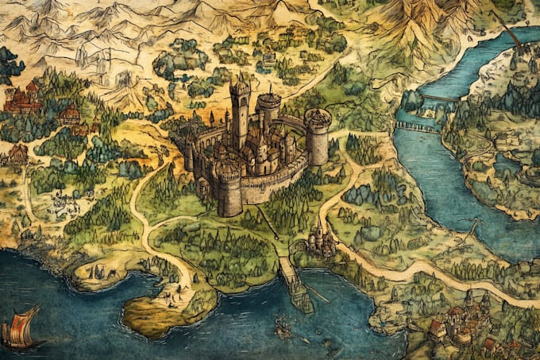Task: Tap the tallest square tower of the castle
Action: [239, 111]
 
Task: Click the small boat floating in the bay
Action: [282, 326]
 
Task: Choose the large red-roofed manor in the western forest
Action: [22, 99]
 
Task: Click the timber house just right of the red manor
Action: [70, 115]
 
